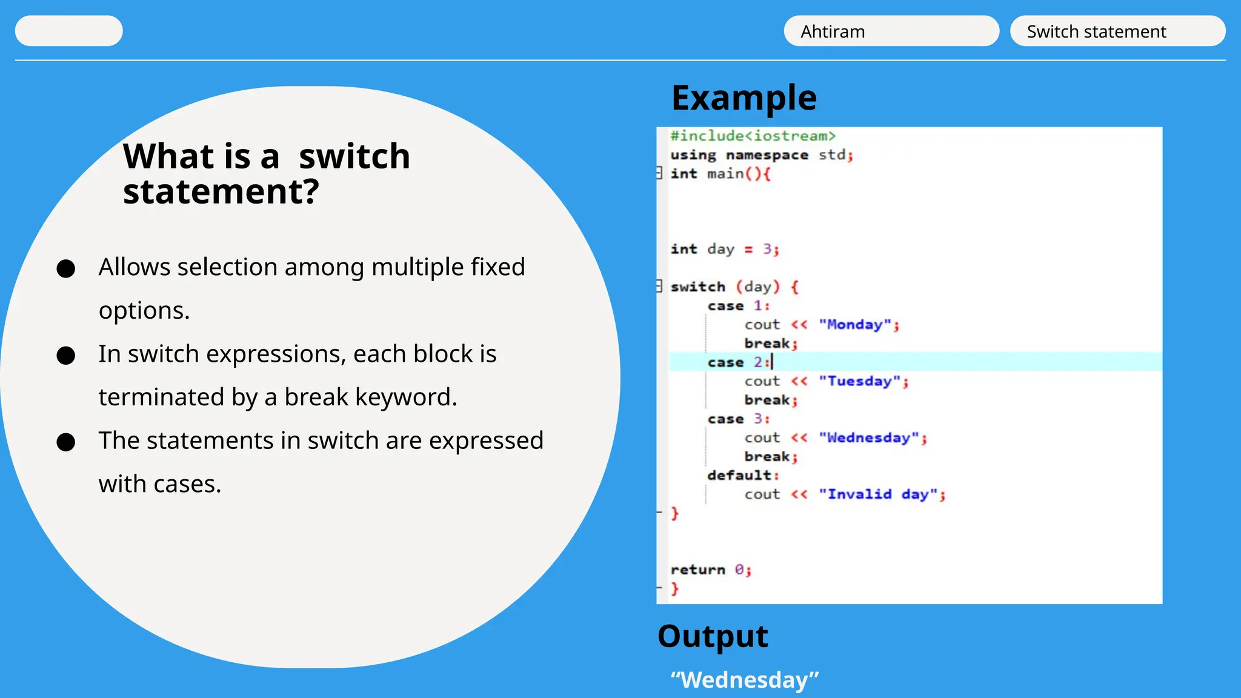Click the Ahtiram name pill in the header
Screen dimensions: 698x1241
[x=891, y=31]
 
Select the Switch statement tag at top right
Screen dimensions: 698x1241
[x=1117, y=31]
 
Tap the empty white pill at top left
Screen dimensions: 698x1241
[x=68, y=31]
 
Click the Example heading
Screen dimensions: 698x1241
[x=744, y=98]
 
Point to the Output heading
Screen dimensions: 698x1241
[x=713, y=636]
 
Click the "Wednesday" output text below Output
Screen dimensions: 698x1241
[x=744, y=680]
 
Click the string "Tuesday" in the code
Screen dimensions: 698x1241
[x=859, y=381]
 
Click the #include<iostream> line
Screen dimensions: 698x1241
[x=753, y=136]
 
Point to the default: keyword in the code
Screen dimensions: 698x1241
[x=742, y=476]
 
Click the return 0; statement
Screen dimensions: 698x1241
[x=710, y=570]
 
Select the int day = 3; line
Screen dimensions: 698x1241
[x=724, y=249]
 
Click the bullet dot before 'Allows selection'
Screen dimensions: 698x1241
[x=65, y=268]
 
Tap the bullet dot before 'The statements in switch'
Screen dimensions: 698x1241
[x=65, y=442]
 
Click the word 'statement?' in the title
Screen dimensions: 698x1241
[x=221, y=192]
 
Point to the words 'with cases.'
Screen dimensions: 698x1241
[x=160, y=484]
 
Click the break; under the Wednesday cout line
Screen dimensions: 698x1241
[x=770, y=457]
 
